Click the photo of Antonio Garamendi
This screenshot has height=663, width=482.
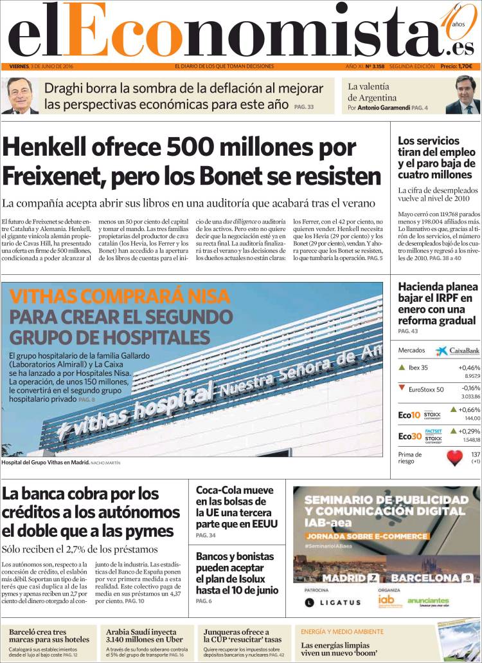[x=462, y=96]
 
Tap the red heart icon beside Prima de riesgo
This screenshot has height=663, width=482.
[x=455, y=458]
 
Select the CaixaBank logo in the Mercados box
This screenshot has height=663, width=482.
[x=458, y=351]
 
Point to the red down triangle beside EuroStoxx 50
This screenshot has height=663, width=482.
[x=402, y=388]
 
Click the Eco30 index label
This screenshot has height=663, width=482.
[x=409, y=436]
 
